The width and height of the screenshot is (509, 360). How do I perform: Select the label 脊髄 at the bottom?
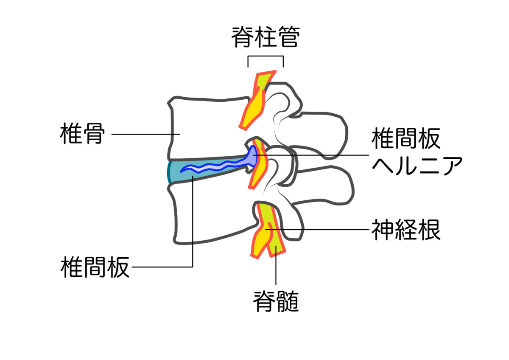pos(276,301)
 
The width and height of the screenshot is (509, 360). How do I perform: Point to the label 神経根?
pos(406,230)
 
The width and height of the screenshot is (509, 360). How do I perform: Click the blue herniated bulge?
pos(252,156)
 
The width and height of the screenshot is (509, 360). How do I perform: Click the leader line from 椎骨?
pos(144,134)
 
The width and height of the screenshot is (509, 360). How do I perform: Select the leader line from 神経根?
pos(322,230)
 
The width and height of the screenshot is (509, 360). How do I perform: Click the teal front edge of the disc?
pos(171,172)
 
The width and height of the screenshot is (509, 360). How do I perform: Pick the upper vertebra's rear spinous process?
pos(322,132)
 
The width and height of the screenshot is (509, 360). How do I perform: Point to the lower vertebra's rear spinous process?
pos(327,187)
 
